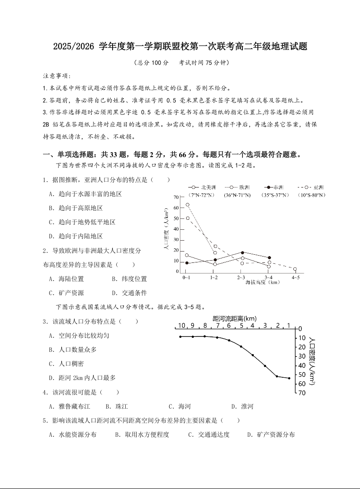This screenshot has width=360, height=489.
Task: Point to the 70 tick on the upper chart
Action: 176,198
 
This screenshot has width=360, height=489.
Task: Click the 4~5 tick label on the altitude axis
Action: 296,277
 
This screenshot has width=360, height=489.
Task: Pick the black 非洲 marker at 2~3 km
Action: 242,252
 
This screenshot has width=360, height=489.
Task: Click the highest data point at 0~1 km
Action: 187,204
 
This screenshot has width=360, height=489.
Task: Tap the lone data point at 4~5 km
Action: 295,269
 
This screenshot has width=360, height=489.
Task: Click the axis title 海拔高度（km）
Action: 262,282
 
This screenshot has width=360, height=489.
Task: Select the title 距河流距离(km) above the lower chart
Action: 234,318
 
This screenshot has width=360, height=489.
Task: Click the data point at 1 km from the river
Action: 289,378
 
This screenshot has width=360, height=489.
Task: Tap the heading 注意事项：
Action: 57,75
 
